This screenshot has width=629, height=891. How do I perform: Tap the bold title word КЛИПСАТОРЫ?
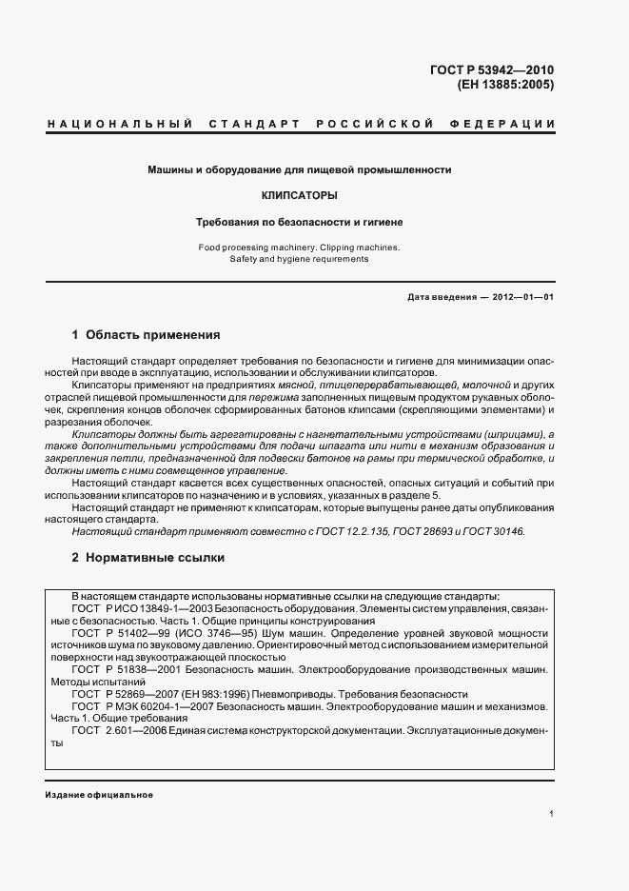[x=299, y=195]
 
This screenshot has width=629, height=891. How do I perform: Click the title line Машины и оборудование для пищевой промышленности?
[x=299, y=169]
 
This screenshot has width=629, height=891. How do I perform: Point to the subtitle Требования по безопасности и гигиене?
[x=299, y=222]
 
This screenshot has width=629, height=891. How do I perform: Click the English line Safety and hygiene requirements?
[x=299, y=259]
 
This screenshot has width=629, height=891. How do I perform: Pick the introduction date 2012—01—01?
[x=522, y=297]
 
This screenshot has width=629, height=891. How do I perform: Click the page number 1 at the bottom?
[x=551, y=814]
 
